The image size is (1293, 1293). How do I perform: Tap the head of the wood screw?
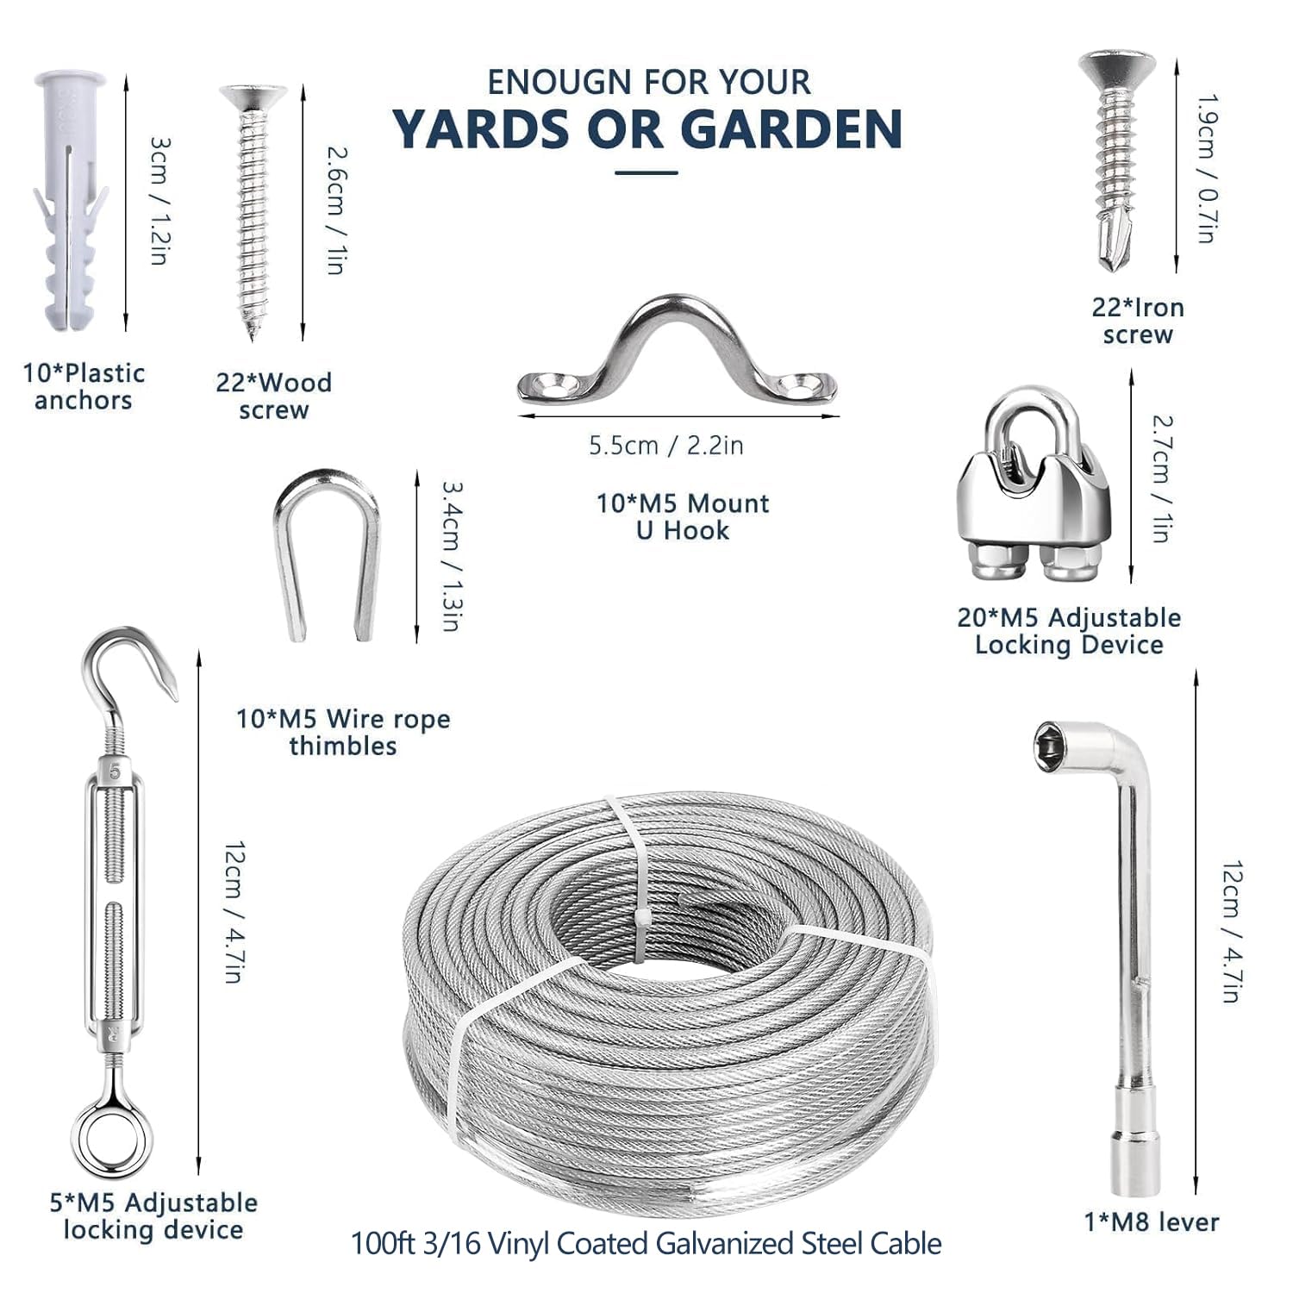pos(253,97)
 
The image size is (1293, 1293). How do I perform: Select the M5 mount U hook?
pos(677,353)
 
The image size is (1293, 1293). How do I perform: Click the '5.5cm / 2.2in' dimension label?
pos(665,446)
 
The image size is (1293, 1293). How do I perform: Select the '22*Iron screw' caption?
pos(1138,321)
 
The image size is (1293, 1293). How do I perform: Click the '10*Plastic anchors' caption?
pos(84,386)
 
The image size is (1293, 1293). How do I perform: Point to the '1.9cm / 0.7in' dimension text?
pos(1206,168)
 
